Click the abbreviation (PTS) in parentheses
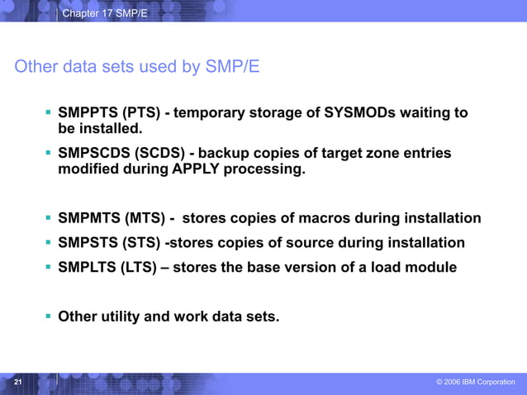(x=145, y=112)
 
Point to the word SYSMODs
(x=360, y=112)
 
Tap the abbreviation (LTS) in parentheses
(x=144, y=268)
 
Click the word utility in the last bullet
(x=119, y=315)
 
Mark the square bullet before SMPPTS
(x=49, y=111)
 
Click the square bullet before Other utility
(x=49, y=314)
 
